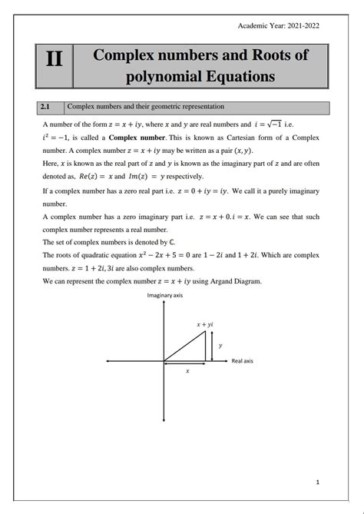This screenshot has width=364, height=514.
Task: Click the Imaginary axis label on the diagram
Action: tap(165, 295)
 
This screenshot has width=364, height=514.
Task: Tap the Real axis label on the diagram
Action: tap(242, 360)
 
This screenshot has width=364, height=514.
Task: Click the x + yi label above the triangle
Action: tap(204, 325)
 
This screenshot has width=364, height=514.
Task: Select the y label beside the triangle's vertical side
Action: tap(220, 346)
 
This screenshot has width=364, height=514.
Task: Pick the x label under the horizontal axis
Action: tap(187, 371)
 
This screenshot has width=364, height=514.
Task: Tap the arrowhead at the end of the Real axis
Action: tap(227, 360)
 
